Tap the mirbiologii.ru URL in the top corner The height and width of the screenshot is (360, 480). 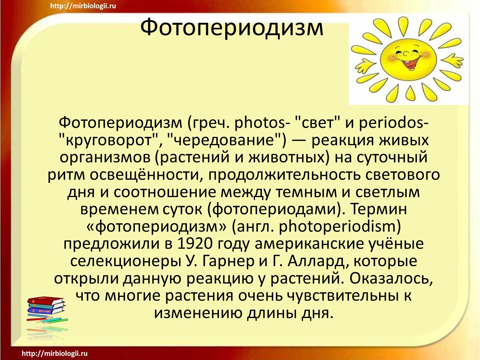(x=83, y=6)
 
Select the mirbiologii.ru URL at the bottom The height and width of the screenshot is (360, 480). (x=55, y=353)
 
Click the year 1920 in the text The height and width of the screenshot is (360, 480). (x=195, y=244)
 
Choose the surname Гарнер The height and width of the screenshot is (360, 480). (x=229, y=262)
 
